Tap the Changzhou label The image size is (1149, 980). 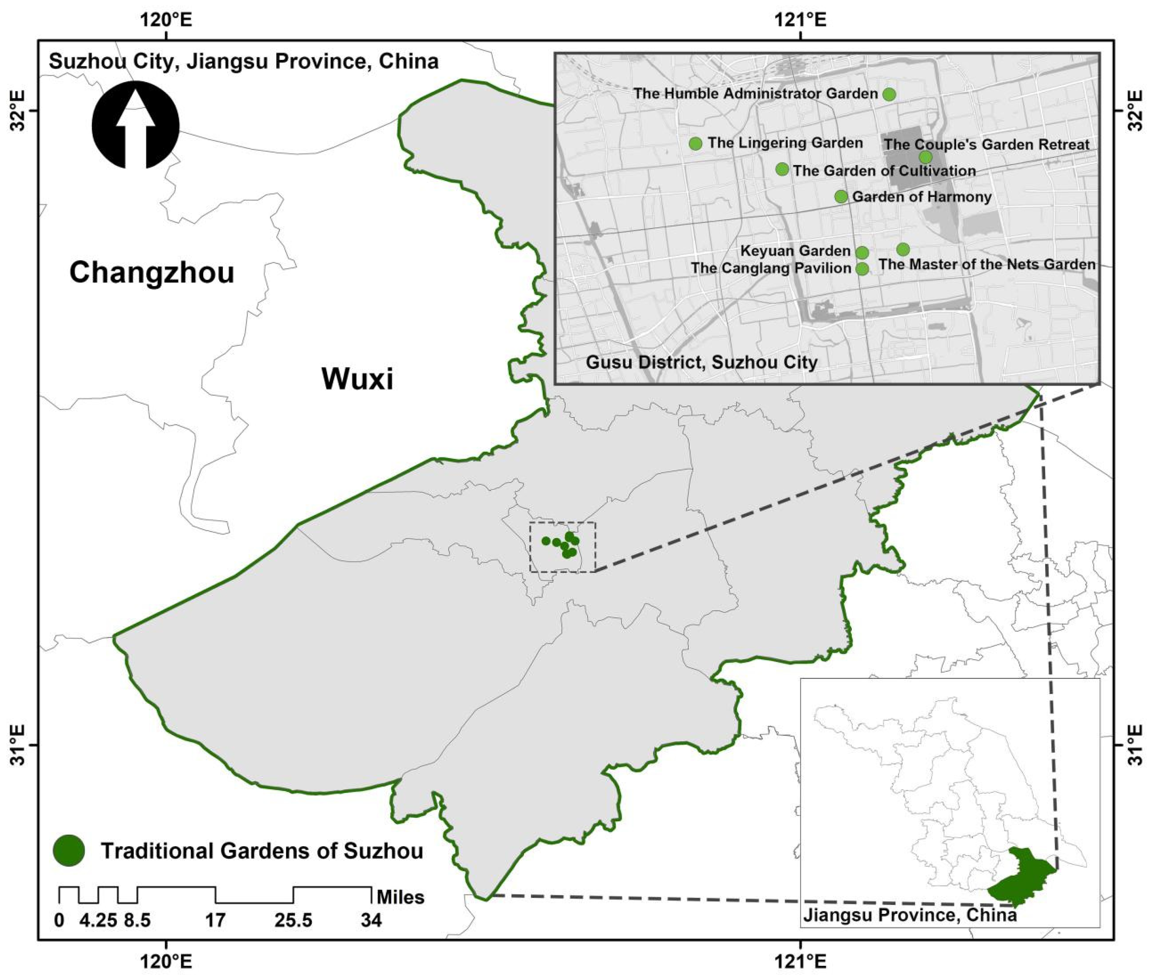(151, 273)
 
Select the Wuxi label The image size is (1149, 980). (357, 379)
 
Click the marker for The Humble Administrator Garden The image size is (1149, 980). (889, 94)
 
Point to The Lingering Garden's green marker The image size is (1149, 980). (695, 144)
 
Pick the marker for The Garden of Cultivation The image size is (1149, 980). (782, 169)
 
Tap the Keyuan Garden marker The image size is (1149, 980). (862, 253)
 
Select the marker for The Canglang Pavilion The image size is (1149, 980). (862, 269)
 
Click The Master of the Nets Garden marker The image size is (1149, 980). (903, 249)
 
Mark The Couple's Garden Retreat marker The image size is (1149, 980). (925, 157)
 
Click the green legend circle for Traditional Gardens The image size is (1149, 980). (69, 851)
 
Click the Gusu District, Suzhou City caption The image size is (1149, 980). (701, 363)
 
